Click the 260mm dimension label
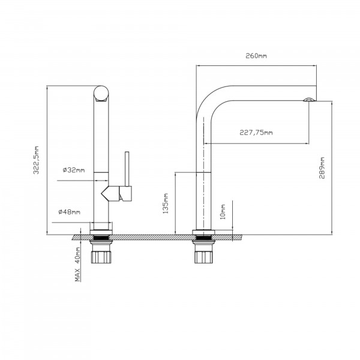pyautogui.click(x=256, y=56)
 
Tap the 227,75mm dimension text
pyautogui.click(x=256, y=133)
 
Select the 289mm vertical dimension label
pyautogui.click(x=322, y=168)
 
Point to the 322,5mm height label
pyautogui.click(x=36, y=160)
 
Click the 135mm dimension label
pyautogui.click(x=166, y=203)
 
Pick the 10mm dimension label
pyautogui.click(x=223, y=212)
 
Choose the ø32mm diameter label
pyautogui.click(x=74, y=170)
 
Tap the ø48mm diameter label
pyautogui.click(x=70, y=212)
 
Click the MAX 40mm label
pyautogui.click(x=78, y=265)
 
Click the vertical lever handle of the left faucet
pyautogui.click(x=127, y=169)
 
